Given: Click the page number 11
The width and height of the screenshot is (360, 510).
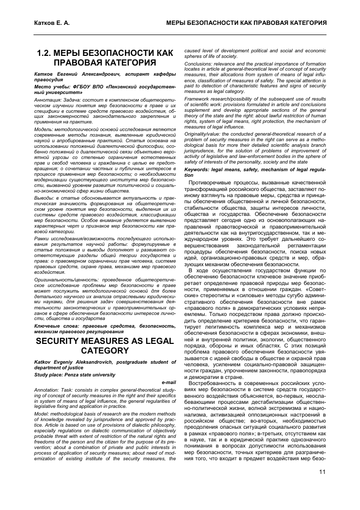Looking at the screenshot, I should pyautogui.click(x=322, y=472).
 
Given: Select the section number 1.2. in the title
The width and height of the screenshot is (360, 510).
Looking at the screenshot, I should pyautogui.click(x=49, y=53).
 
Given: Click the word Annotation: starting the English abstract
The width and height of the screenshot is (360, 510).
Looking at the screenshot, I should pyautogui.click(x=49, y=390).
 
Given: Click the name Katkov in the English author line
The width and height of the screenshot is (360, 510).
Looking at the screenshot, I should pyautogui.click(x=43, y=362).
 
